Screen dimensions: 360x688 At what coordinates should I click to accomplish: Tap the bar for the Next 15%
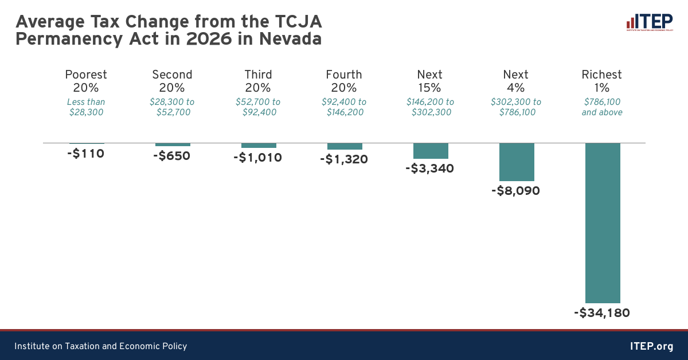point(431,151)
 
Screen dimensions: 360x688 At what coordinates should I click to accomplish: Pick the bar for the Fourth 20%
point(345,146)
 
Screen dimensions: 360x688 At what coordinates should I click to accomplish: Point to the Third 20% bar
point(259,146)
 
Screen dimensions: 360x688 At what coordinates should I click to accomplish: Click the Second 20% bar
point(173,144)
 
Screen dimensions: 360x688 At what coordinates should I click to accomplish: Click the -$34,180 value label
point(602,313)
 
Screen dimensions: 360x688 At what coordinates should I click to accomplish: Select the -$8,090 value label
point(516,191)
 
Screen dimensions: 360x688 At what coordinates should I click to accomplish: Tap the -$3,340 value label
point(430,169)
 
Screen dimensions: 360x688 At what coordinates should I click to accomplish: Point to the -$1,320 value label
point(344,159)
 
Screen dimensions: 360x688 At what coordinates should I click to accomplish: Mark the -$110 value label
point(85,154)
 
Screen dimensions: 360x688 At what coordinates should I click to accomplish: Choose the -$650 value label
point(172,156)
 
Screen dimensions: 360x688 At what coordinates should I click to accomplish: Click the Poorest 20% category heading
point(86,81)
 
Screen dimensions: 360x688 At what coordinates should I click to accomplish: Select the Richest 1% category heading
point(602,81)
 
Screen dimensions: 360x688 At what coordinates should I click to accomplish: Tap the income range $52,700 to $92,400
point(258,107)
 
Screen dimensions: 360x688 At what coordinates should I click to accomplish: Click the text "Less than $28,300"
point(86,107)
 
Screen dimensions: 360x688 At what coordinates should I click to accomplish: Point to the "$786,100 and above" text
point(602,107)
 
